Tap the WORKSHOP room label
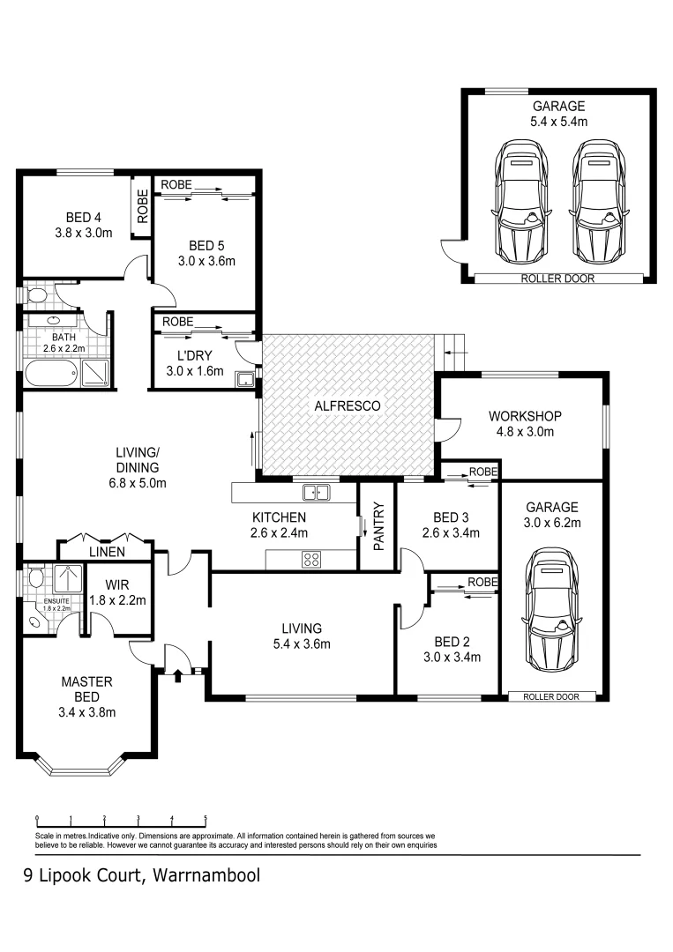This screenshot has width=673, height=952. click(526, 416)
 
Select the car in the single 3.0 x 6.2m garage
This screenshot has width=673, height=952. click(553, 611)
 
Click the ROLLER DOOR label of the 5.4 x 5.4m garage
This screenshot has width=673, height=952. click(558, 279)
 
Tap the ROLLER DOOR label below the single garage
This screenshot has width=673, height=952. click(551, 696)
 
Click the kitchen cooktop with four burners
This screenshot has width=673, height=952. click(311, 559)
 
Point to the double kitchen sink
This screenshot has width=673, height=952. click(311, 492)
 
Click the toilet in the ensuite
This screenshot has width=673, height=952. click(35, 578)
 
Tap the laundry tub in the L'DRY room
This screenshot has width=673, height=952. click(246, 380)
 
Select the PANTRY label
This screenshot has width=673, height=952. click(378, 526)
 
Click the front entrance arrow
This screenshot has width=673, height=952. click(178, 676)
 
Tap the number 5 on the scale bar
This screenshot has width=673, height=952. click(206, 817)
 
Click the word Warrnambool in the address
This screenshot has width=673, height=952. click(206, 876)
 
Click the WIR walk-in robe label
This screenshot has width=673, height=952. click(117, 584)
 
